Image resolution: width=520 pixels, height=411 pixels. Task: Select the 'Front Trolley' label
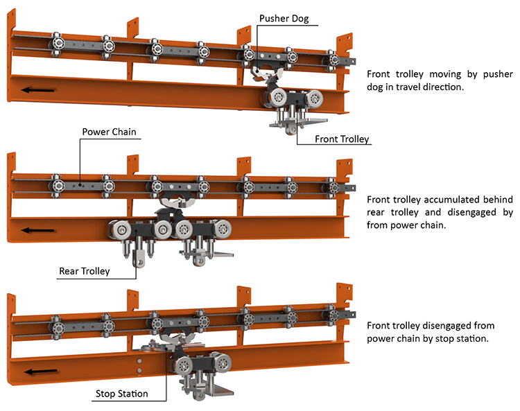coord(342,139)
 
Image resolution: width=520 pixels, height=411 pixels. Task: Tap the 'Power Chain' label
coord(110,131)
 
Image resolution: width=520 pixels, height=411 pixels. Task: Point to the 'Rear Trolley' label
coord(84,271)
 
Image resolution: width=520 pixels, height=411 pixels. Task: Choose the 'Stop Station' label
coord(121,394)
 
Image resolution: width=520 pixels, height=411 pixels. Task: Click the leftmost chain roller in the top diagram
coord(56,46)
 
